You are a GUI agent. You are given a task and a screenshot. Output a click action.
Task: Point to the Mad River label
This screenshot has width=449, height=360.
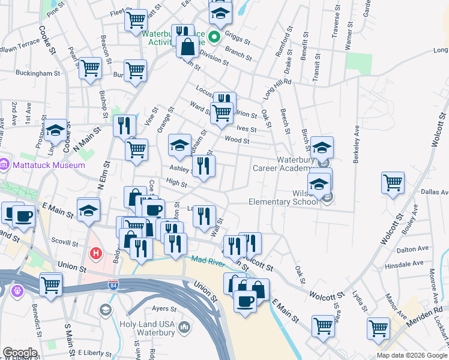pyautogui.click(x=207, y=259)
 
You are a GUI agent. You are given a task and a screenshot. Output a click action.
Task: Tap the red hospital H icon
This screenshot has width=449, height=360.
pyautogui.click(x=95, y=254)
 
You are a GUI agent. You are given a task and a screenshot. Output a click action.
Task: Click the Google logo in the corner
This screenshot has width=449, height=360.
pyautogui.click(x=20, y=353)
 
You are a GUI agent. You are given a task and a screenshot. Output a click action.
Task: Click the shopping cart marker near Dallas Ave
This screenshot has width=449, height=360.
pyautogui.click(x=393, y=182)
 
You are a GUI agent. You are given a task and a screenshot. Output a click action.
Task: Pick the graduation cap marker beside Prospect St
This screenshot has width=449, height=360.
pyautogui.click(x=55, y=130)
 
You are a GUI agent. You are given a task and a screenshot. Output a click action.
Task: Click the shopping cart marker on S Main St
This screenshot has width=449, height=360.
pyautogui.click(x=51, y=283)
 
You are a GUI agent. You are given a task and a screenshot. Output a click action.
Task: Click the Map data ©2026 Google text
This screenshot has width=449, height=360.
pyautogui.click(x=411, y=355)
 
